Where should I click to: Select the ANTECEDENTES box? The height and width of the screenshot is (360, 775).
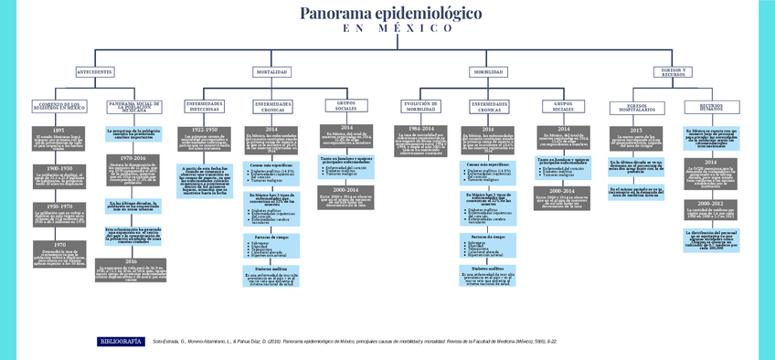pos(94,71)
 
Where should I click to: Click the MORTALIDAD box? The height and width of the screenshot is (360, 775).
pos(271,71)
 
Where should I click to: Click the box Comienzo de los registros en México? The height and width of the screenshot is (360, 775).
pos(58,106)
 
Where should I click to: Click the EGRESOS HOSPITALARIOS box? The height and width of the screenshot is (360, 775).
pos(635,108)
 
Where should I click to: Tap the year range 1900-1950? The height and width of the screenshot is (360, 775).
pos(58,168)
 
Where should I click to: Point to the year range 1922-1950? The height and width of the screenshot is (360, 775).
pos(205,131)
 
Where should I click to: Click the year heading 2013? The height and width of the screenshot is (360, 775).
pos(635,131)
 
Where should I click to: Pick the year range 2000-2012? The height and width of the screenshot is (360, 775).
pos(710,203)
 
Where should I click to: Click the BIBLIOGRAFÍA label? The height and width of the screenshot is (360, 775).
pos(120,341)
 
